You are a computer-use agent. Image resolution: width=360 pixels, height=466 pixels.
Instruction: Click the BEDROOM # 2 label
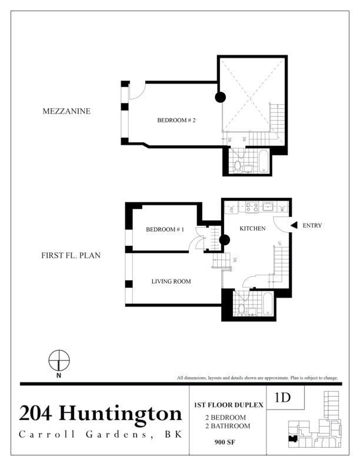click(x=176, y=121)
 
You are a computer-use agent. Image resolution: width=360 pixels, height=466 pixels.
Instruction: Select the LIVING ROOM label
click(x=171, y=282)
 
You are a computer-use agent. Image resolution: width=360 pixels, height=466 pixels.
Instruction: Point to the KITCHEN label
click(x=253, y=228)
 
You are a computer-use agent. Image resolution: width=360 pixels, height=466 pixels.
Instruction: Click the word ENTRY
click(x=312, y=225)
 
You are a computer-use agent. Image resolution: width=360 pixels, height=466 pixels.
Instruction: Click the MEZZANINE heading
click(x=66, y=111)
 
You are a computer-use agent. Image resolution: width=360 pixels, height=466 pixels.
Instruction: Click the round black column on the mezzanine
click(x=221, y=98)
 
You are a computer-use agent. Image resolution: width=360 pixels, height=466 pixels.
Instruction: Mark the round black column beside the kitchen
click(x=224, y=240)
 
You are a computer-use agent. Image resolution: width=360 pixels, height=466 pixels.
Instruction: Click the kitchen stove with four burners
click(x=252, y=207)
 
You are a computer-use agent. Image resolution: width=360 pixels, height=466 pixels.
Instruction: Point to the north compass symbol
click(x=59, y=360)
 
